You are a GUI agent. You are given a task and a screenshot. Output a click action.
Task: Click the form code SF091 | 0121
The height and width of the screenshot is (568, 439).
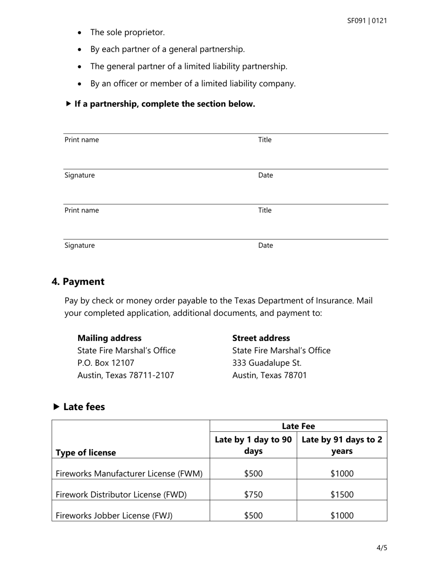click(x=367, y=21)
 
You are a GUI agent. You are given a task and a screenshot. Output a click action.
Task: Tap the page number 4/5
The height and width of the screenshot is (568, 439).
click(x=382, y=548)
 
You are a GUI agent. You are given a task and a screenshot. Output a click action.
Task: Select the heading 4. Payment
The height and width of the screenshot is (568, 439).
click(x=78, y=282)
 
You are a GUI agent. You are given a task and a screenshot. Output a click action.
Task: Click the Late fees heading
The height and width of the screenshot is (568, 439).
click(x=84, y=407)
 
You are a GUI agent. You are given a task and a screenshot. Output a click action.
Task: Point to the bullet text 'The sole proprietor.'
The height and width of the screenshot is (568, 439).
click(x=127, y=32)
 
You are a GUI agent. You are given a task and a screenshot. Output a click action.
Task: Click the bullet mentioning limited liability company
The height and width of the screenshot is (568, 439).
click(x=193, y=84)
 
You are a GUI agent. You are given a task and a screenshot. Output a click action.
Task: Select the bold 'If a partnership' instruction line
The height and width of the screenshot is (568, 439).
click(x=164, y=104)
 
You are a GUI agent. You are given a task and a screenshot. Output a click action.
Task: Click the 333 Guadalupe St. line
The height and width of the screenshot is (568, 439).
click(x=267, y=363)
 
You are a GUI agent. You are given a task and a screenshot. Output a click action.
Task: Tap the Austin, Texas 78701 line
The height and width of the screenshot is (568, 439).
click(x=269, y=375)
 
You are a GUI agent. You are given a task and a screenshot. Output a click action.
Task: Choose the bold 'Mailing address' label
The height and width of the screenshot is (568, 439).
click(x=110, y=338)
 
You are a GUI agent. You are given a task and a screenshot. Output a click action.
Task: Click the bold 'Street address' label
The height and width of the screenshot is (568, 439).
click(x=261, y=338)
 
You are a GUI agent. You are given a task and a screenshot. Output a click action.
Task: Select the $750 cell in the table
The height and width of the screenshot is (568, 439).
click(x=253, y=495)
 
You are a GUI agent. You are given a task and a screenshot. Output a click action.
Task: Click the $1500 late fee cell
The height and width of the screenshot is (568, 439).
click(x=341, y=495)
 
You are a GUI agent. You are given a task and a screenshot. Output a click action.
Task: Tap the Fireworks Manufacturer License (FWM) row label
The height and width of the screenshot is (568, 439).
click(x=129, y=473)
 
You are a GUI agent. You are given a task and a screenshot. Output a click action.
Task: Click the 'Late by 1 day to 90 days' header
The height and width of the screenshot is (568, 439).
click(x=253, y=445)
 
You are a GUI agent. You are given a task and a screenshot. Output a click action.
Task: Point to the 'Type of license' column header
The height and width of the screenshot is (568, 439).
click(x=85, y=453)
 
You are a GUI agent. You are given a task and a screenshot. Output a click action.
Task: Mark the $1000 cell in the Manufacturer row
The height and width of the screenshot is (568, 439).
click(x=341, y=473)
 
